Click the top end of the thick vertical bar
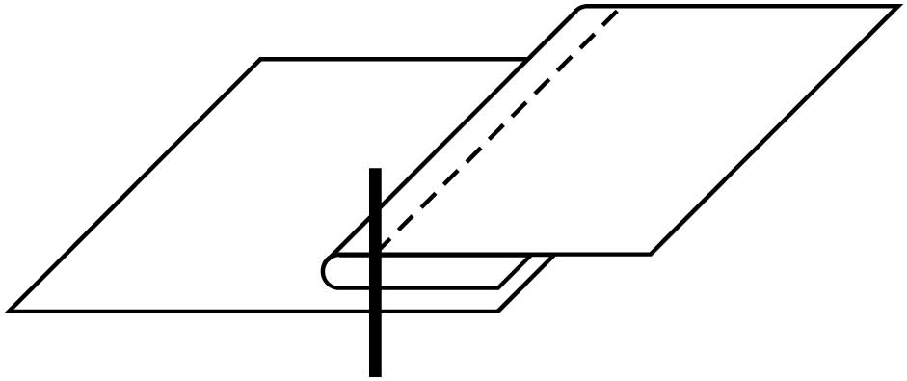point(375,171)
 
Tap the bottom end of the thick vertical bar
point(375,373)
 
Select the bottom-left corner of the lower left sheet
point(10,311)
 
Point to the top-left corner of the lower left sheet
point(261,60)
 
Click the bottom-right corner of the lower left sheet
point(497,311)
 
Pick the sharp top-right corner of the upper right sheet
point(896,7)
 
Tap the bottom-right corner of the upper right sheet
point(651,254)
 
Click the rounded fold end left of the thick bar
point(324,271)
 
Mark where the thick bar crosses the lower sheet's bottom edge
point(375,311)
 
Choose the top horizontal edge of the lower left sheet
point(386,60)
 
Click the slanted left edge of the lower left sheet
point(135,185)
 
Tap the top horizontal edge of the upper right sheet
point(742,7)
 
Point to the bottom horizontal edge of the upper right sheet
point(511,254)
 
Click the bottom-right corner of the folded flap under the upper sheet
point(497,286)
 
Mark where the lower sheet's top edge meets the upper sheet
point(526,60)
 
